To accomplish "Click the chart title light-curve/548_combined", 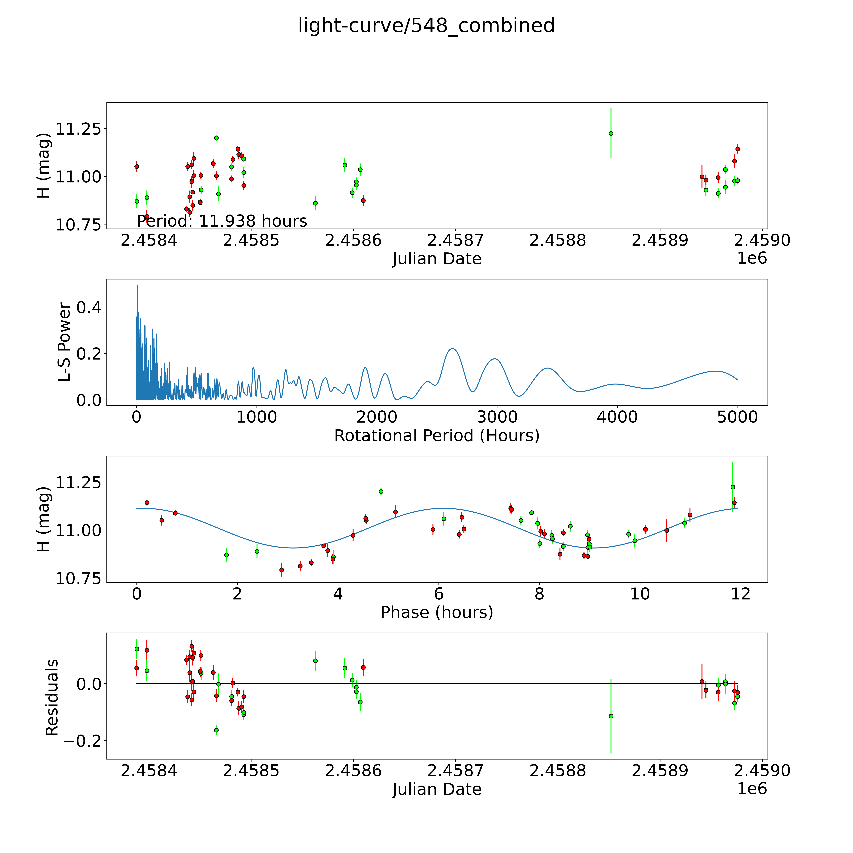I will click(426, 26).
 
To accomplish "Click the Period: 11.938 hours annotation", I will click(222, 221).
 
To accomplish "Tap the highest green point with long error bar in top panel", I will click(611, 133).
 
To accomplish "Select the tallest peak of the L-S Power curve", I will click(138, 286).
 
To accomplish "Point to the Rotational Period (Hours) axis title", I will click(437, 436).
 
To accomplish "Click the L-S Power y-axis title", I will click(64, 342).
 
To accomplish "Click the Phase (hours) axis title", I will click(437, 612).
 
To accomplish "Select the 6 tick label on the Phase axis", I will click(438, 594).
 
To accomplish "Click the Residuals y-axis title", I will click(52, 698).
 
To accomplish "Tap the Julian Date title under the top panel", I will click(437, 259).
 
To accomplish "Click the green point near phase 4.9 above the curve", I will click(381, 491).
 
